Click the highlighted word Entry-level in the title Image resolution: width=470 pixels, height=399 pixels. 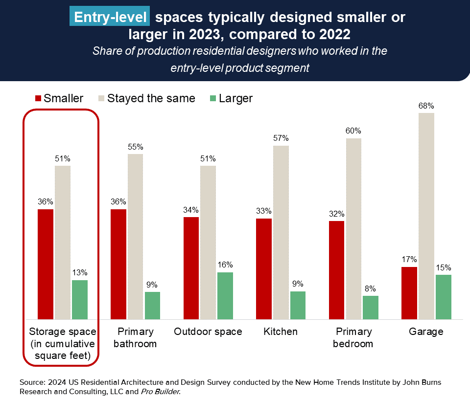[110, 18]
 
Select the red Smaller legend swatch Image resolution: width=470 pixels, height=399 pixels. [38, 98]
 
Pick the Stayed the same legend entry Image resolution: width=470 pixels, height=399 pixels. [151, 98]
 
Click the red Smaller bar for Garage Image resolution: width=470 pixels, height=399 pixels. [409, 293]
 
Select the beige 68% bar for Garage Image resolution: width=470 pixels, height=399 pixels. [426, 216]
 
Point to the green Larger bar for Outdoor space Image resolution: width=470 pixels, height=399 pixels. [225, 295]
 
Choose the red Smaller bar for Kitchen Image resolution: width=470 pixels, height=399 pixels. [264, 268]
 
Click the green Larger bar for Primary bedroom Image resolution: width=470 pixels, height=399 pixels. [371, 307]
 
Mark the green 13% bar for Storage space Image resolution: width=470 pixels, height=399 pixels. [80, 299]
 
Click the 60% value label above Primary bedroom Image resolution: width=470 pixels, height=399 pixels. [353, 131]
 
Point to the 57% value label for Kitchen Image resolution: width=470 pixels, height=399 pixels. [281, 138]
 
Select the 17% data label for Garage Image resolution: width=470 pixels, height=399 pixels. [409, 260]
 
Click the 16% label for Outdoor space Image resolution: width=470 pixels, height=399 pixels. [225, 265]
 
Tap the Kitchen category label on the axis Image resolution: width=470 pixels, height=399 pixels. [281, 332]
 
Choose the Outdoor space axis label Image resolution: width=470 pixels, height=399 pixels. [208, 332]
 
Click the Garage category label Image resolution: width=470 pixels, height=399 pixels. [426, 332]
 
